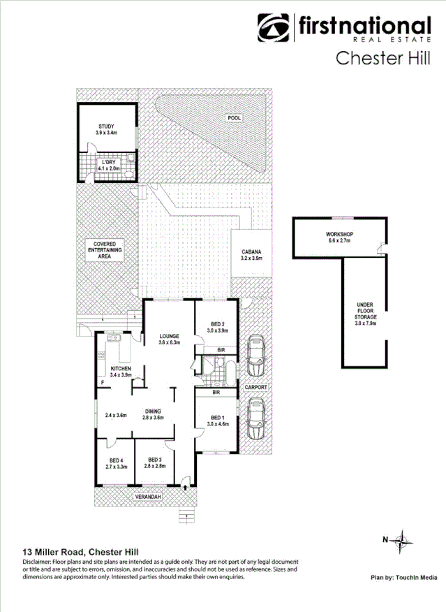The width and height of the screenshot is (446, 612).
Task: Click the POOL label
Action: tap(234, 118)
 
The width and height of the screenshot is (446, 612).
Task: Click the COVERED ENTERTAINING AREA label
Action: tap(105, 249)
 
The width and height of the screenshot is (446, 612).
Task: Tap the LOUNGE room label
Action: tap(169, 339)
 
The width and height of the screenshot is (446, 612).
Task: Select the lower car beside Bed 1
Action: tap(253, 418)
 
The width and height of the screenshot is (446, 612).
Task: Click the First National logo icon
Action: tap(274, 28)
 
